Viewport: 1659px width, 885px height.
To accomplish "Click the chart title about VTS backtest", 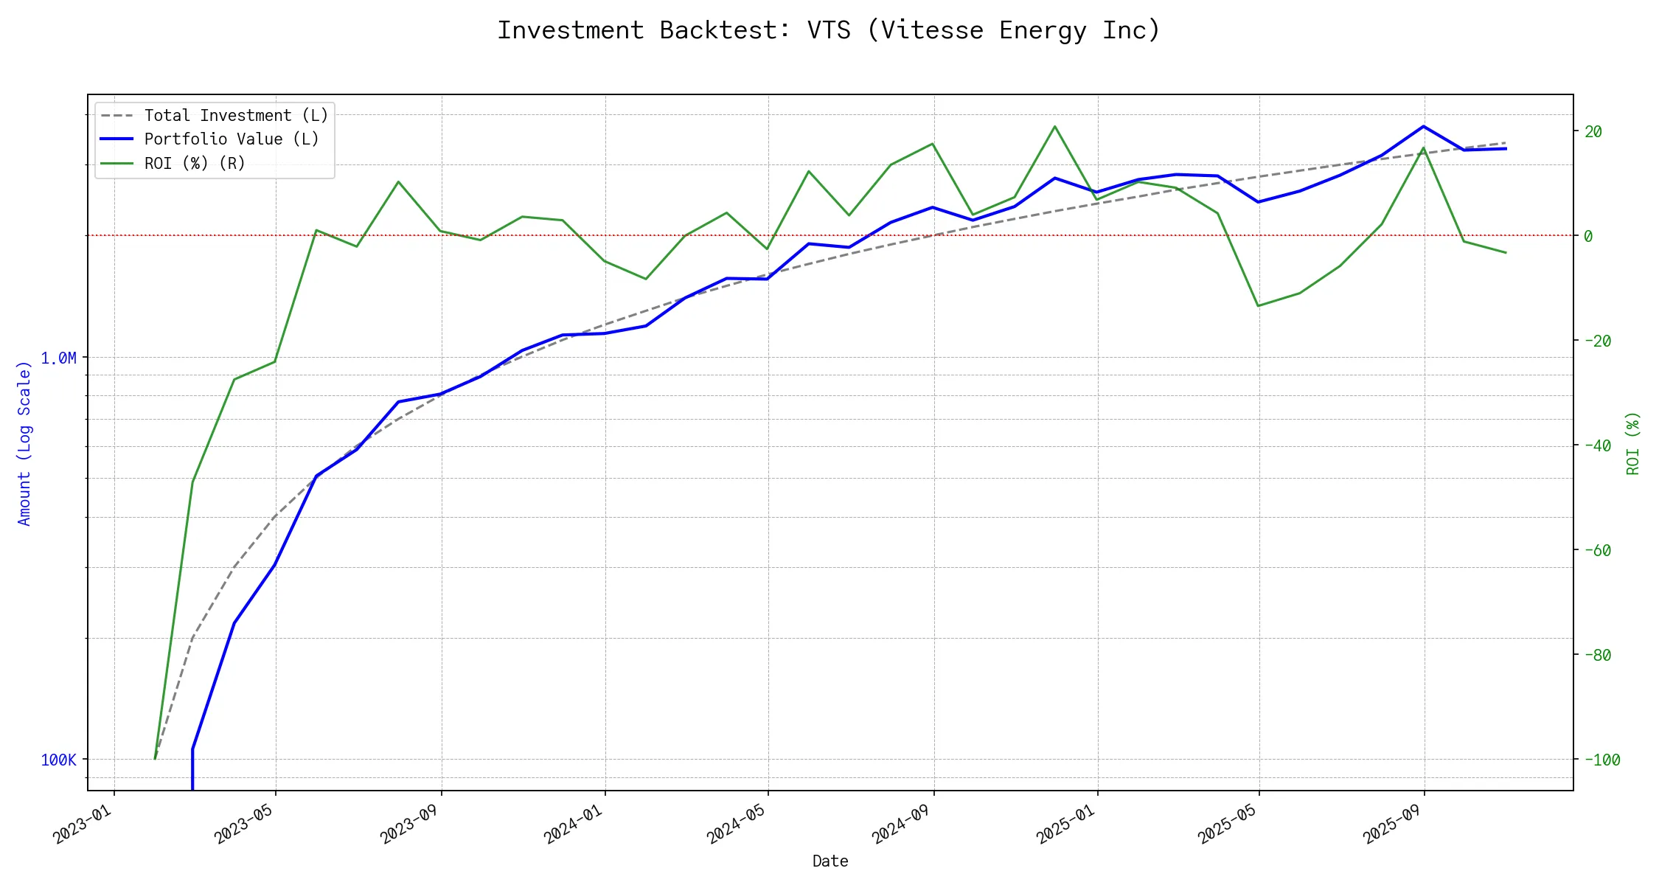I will point(829,30).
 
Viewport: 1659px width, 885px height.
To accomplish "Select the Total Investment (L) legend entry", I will point(236,116).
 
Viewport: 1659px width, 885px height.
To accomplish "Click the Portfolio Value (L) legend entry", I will point(232,139).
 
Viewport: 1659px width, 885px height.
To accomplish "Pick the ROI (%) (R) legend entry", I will point(195,163).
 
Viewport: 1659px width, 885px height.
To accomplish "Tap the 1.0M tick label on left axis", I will point(58,358).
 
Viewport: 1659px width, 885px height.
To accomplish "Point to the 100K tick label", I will point(58,760).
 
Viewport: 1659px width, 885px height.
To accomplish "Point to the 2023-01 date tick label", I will point(83,823).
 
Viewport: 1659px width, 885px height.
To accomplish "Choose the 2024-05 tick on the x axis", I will point(737,823).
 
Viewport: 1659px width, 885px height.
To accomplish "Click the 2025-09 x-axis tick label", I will point(1393,823).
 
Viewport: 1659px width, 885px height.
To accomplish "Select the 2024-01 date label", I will point(574,823).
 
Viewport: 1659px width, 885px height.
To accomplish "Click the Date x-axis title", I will point(829,861).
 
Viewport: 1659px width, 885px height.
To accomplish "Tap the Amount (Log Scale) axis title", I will point(24,443).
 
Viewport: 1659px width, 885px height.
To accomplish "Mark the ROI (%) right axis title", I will point(1632,443).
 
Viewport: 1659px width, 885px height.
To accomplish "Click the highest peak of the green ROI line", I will point(1055,126).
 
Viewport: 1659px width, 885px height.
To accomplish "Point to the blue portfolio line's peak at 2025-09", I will point(1423,126).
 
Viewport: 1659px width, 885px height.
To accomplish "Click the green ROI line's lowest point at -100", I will point(155,759).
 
